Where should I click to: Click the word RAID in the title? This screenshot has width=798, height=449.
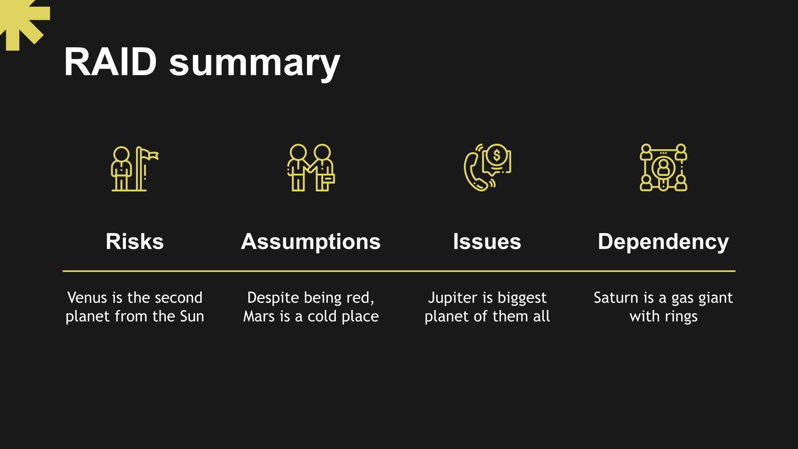(x=110, y=62)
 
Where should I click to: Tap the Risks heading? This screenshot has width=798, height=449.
(x=134, y=241)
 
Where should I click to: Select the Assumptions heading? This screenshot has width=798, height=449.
(x=311, y=242)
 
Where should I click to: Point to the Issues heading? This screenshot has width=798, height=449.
(x=487, y=241)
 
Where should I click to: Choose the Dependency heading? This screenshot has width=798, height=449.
(x=663, y=242)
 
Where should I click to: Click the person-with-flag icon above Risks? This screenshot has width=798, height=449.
(x=135, y=169)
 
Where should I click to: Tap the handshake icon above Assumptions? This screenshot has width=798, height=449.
(x=311, y=167)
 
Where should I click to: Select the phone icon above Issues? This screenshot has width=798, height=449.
(x=487, y=167)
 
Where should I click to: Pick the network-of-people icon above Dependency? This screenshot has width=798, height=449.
(x=664, y=167)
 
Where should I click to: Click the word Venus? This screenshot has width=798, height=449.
(x=88, y=297)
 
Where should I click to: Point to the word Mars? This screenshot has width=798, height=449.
(x=258, y=316)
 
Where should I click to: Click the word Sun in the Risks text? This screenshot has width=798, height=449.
(x=192, y=316)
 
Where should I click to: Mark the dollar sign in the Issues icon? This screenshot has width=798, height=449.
(x=497, y=156)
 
